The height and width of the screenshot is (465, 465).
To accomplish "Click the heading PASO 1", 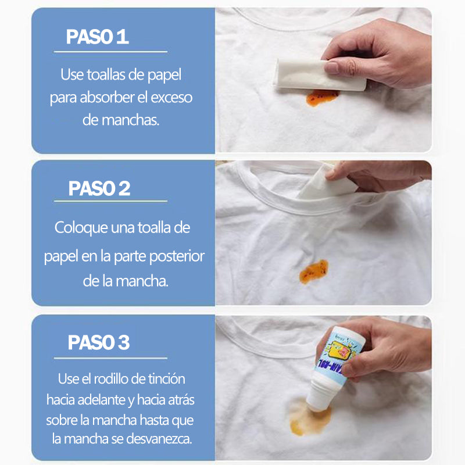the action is [x=97, y=37].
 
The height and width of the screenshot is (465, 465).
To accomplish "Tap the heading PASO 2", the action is [x=99, y=188].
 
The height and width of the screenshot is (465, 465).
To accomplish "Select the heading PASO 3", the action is [x=99, y=342].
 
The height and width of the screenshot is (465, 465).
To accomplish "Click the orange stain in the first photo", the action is [x=321, y=97].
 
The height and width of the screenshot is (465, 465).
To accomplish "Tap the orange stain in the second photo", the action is [x=314, y=271].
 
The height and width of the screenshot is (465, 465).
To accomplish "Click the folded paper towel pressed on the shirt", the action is [x=320, y=75].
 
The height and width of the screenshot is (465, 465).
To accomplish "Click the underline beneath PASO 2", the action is [x=110, y=201].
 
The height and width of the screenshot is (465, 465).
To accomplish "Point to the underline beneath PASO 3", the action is [x=110, y=358].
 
